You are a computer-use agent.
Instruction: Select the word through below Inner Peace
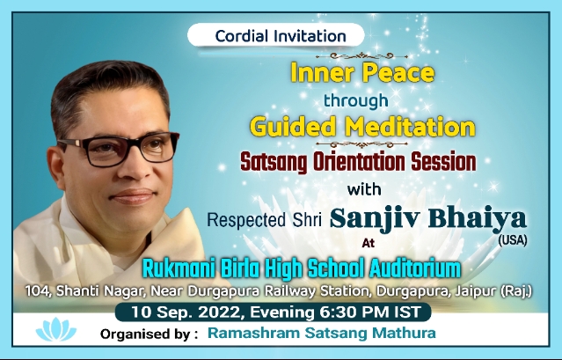click(x=356, y=100)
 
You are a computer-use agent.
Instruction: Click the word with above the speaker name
click(x=364, y=189)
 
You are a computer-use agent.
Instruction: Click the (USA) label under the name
click(x=513, y=240)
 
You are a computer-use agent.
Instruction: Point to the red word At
click(x=369, y=243)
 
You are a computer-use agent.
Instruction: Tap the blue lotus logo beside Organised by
click(x=56, y=329)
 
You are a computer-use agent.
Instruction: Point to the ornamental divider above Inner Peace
click(x=361, y=56)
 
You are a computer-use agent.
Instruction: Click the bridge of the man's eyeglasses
click(x=133, y=143)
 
